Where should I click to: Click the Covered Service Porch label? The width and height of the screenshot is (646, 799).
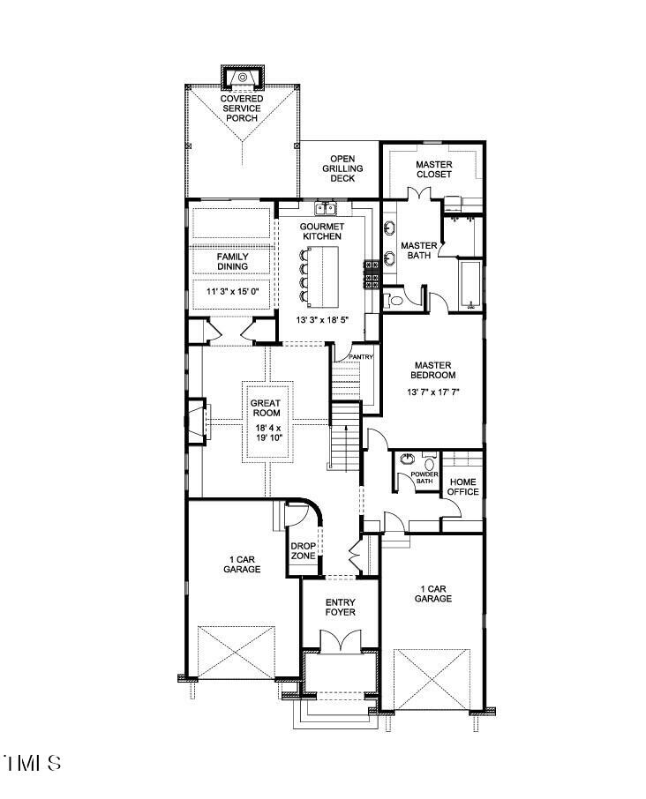tap(240, 108)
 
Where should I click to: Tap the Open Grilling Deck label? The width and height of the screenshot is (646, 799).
tap(342, 168)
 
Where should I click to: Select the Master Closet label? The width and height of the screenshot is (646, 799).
tap(433, 169)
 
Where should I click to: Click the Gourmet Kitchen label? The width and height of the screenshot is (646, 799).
tap(322, 231)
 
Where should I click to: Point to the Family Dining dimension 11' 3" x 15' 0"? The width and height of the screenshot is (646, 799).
tap(233, 291)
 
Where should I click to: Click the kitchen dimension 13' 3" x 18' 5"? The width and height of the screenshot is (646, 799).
tap(322, 321)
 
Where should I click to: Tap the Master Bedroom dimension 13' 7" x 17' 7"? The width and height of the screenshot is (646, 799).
tap(432, 392)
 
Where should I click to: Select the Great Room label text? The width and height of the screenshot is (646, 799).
tap(265, 408)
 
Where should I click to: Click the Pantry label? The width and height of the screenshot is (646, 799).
tap(362, 357)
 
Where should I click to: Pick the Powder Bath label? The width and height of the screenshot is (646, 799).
tap(425, 478)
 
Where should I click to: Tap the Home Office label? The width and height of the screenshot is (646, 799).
tap(463, 487)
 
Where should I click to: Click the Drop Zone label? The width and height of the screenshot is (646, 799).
tap(303, 550)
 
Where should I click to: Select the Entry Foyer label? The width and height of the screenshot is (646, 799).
tap(340, 608)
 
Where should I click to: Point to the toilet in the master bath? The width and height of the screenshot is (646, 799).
tap(396, 300)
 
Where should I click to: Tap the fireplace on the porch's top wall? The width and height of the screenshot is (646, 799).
tap(241, 78)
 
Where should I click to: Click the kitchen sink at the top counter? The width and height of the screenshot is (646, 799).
tap(327, 210)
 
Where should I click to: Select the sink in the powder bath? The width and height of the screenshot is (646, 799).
tap(408, 459)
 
